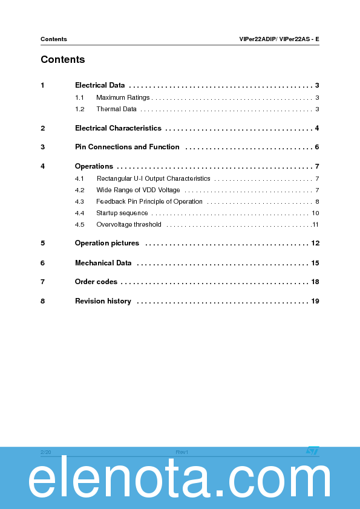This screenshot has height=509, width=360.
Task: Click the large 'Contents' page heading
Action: [x=62, y=60]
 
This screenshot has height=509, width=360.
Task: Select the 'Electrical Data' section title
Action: [x=100, y=85]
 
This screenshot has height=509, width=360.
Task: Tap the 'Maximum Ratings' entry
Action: [x=123, y=97]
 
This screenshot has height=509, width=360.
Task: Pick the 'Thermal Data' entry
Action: [x=116, y=109]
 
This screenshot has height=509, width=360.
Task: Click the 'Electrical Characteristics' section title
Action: [x=118, y=128]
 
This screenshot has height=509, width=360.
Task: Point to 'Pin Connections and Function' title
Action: [x=127, y=147]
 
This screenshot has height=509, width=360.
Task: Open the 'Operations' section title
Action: [x=94, y=166]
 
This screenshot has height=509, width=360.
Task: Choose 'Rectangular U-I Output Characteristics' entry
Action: [x=153, y=178]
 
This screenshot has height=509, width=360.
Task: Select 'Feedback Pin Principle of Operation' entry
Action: [x=149, y=201]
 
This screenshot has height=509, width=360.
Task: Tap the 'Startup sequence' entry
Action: [x=122, y=213]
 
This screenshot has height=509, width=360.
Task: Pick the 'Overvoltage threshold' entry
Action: [x=128, y=224]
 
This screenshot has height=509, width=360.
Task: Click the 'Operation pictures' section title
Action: [x=106, y=243]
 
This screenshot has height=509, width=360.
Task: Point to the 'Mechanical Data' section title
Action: [x=103, y=263]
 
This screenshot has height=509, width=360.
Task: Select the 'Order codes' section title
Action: [x=96, y=282]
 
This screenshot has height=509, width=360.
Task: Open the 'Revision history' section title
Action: [x=103, y=301]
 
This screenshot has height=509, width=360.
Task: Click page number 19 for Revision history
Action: [x=315, y=301]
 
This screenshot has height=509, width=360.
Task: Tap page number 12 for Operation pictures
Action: [x=315, y=243]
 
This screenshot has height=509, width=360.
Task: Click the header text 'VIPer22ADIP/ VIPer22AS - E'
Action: [x=279, y=39]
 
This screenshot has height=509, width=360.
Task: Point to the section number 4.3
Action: [x=79, y=201]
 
